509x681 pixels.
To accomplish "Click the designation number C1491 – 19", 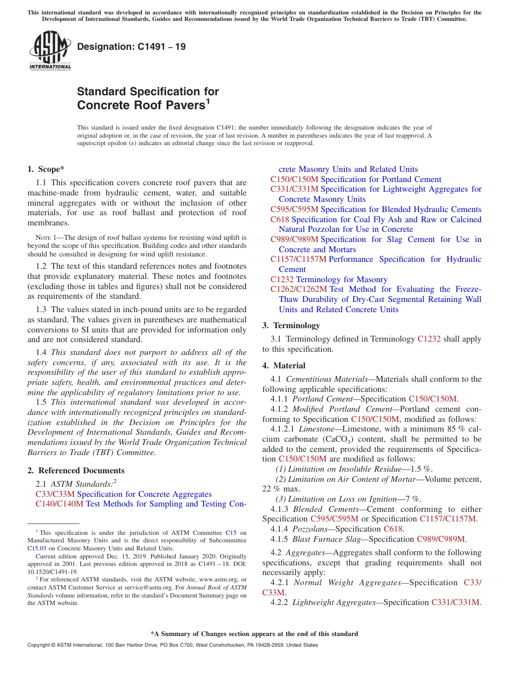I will (131, 47).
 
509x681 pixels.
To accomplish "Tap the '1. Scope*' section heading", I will (46, 169).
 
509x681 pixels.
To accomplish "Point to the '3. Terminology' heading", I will (291, 326).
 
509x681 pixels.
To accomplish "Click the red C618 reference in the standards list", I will (280, 220).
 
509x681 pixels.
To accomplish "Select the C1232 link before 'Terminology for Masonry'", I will (282, 279).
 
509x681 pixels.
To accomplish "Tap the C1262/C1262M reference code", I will (298, 289).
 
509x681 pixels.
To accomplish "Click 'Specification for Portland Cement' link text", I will (381, 179).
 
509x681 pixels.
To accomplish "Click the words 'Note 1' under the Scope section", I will (46, 237).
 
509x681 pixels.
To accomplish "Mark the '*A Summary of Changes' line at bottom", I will (254, 634).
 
